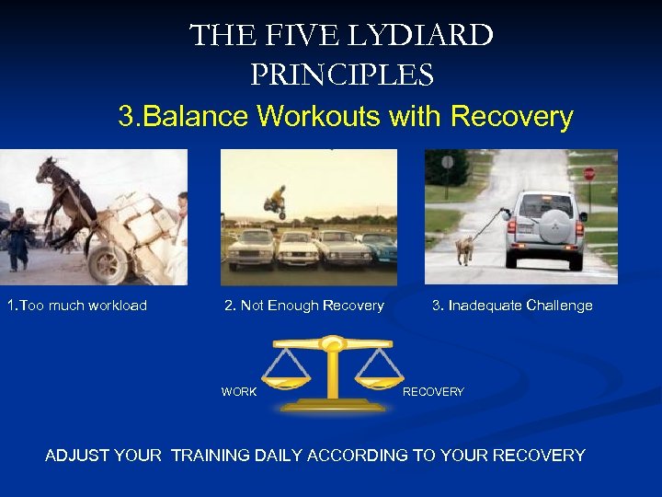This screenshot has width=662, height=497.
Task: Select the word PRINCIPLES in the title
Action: tap(341, 74)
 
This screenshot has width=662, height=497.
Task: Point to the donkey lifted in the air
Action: tap(67, 198)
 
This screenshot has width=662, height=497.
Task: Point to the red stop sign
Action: tap(589, 174)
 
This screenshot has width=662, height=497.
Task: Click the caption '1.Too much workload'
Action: tap(76, 306)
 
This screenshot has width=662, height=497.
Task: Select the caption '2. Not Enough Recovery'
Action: tap(304, 306)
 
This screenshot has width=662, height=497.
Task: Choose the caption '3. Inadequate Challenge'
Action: tap(512, 306)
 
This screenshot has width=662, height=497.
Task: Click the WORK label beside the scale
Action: tap(239, 392)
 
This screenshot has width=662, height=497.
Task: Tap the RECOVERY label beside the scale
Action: tap(433, 392)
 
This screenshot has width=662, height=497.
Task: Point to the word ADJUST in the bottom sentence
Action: tap(77, 456)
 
